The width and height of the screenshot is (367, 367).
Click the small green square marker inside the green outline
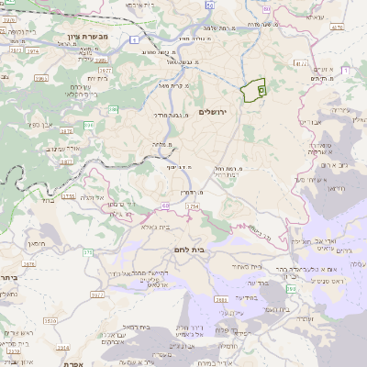[260, 90]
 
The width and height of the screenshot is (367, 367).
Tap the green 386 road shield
[115, 109]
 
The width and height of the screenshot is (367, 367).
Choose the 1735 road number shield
[68, 195]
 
